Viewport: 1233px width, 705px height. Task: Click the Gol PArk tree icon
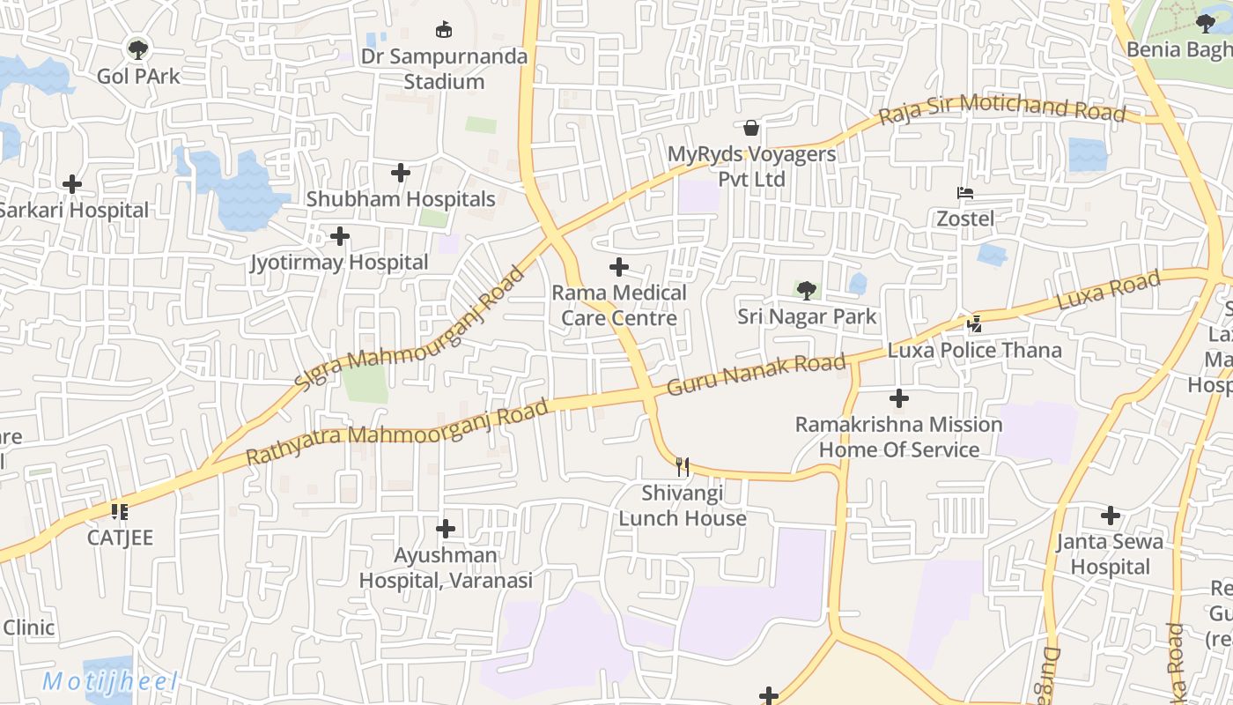[x=137, y=48]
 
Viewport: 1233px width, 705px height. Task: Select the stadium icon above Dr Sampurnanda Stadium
[x=445, y=30]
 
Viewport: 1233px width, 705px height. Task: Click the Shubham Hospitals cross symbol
[x=401, y=173]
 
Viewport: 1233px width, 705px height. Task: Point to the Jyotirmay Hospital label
[x=339, y=263]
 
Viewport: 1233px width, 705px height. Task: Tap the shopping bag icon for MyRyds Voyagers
[x=751, y=128]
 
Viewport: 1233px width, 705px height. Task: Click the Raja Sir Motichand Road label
[x=1002, y=108]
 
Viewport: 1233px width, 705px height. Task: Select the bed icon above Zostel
[x=965, y=193]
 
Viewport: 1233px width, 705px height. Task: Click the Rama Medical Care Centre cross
[x=619, y=266]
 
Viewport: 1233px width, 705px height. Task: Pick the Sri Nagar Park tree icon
[x=806, y=290]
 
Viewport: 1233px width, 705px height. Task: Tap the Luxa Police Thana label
[x=975, y=350]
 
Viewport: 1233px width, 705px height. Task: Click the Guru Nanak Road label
[x=756, y=373]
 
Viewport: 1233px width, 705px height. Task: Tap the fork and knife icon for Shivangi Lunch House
[x=683, y=466]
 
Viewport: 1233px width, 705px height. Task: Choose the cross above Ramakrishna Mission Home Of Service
[x=898, y=398]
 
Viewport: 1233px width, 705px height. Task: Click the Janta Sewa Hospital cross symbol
[x=1111, y=516]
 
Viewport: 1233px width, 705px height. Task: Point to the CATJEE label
[x=120, y=538]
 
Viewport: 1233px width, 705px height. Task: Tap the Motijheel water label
[x=110, y=681]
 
